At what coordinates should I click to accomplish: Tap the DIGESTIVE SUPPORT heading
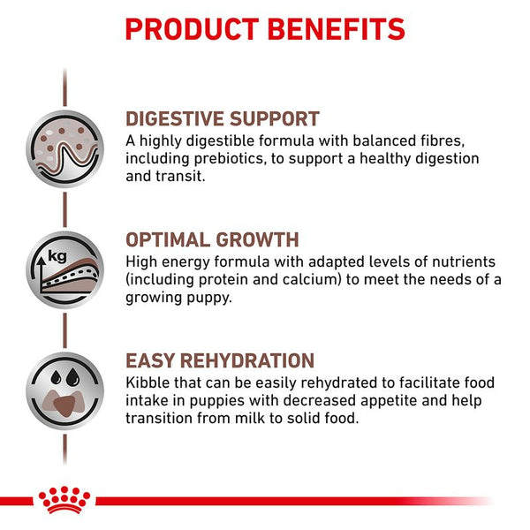[x=223, y=119]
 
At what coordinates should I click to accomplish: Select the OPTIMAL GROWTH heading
[x=212, y=240]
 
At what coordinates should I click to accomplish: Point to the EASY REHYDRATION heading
[x=220, y=361]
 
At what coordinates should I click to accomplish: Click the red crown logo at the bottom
[x=65, y=501]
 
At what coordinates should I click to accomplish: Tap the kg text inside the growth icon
[x=58, y=255]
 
